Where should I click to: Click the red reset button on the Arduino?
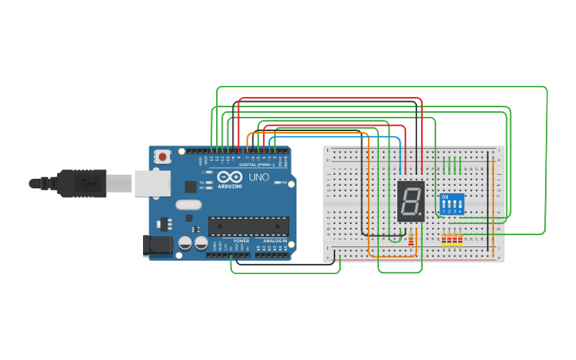(x=163, y=157)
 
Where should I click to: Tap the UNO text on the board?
(x=258, y=177)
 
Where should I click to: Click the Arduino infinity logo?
(x=230, y=178)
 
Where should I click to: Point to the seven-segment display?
(x=411, y=201)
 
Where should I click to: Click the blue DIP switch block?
(x=451, y=204)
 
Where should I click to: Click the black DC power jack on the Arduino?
(x=157, y=246)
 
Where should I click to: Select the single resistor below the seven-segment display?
(x=411, y=238)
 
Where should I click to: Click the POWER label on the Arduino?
(x=241, y=241)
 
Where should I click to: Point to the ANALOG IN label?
(x=275, y=241)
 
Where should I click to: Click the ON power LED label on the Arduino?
(x=284, y=182)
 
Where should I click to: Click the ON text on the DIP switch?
(x=445, y=196)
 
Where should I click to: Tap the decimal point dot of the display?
(x=421, y=215)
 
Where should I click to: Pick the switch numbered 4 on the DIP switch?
(x=460, y=207)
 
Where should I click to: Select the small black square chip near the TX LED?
(x=191, y=187)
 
